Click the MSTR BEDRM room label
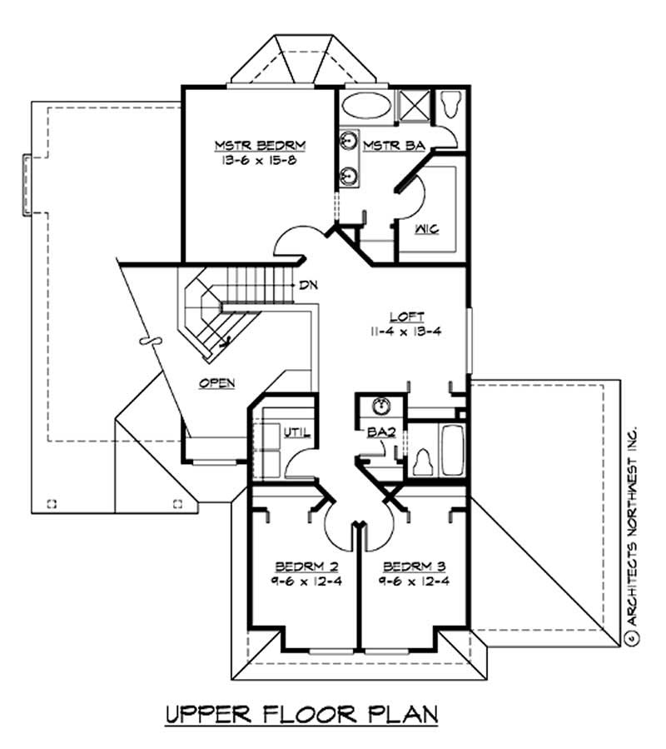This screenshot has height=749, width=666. tap(261, 145)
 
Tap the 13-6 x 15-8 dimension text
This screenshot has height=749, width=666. tap(259, 160)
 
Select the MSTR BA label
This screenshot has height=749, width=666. tap(394, 145)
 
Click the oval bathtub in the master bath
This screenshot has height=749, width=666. tap(366, 106)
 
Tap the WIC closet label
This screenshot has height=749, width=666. tap(427, 229)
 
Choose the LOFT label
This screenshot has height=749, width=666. tap(407, 317)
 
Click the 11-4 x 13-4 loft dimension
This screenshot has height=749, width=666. tap(405, 332)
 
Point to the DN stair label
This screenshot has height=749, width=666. tap(308, 285)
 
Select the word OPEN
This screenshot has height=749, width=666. tap(217, 383)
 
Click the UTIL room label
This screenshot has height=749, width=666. tap(297, 432)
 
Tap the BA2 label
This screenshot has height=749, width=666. tap(381, 432)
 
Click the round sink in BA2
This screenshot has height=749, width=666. tap(381, 407)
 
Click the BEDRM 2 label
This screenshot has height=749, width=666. tap(307, 567)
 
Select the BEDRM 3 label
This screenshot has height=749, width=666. tap(415, 567)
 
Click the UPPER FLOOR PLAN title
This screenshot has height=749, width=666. tap(301, 715)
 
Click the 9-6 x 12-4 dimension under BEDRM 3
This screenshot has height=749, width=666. tap(415, 582)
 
